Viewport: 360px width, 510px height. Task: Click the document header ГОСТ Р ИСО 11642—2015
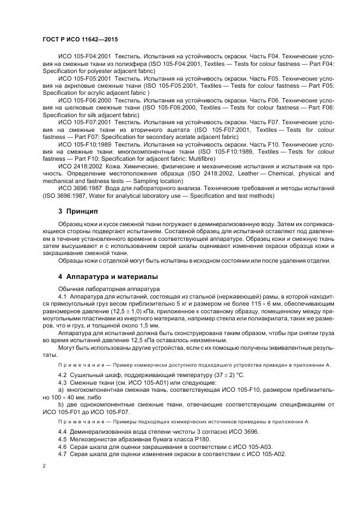(80, 40)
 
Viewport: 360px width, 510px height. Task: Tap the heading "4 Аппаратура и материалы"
(108, 276)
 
